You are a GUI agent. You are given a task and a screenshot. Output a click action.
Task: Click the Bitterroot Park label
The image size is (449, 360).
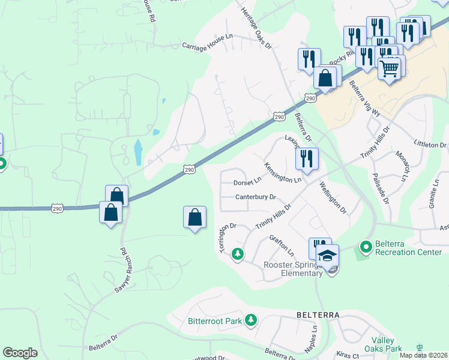tap(214, 321)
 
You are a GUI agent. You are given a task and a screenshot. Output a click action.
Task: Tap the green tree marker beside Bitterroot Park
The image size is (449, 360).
tap(251, 321)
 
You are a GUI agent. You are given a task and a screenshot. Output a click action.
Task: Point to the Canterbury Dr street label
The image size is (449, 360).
tap(255, 197)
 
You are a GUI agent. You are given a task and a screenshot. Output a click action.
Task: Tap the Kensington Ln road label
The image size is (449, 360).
tap(283, 172)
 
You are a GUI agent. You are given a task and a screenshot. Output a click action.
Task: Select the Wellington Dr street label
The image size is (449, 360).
tap(333, 198)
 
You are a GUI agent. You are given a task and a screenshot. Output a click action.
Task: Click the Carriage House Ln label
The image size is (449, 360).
tap(208, 40)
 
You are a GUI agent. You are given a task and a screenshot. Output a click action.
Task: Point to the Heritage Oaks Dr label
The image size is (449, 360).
tap(256, 28)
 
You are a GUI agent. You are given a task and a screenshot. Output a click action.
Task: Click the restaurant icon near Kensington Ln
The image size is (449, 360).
tap(307, 159)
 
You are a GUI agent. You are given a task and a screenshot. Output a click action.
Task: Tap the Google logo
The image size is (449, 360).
tap(20, 353)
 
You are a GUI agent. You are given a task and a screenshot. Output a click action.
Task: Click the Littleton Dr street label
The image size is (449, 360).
tap(430, 145)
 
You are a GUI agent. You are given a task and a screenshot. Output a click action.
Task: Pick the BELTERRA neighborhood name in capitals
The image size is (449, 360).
tap(318, 314)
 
